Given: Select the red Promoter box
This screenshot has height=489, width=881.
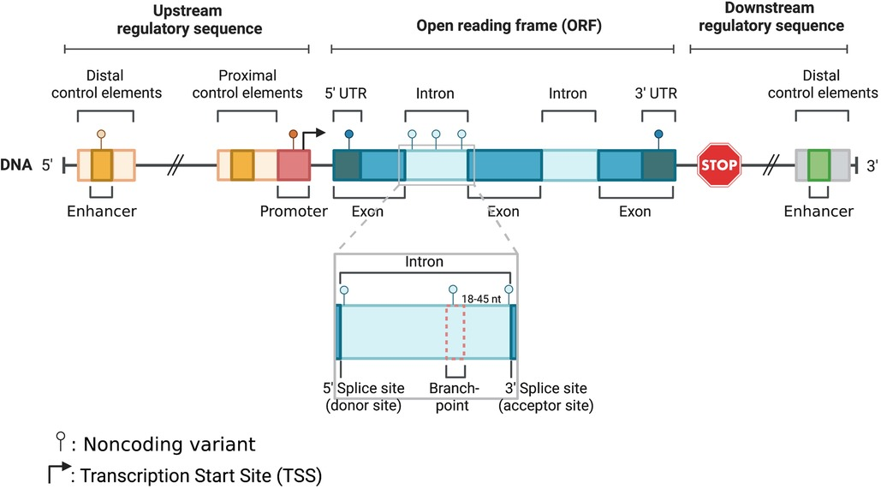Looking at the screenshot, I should [x=294, y=164].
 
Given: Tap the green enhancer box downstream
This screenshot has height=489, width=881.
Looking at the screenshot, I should [x=818, y=164].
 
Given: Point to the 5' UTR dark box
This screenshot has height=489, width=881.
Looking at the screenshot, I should [x=346, y=164].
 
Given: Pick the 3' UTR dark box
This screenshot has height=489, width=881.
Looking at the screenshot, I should [x=658, y=164].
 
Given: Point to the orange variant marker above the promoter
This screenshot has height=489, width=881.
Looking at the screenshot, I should [x=293, y=134].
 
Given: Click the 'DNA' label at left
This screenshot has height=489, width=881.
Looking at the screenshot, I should [x=17, y=164].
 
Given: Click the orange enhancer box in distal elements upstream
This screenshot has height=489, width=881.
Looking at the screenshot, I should [x=102, y=164].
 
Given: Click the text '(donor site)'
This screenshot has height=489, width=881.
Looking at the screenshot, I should [x=363, y=404].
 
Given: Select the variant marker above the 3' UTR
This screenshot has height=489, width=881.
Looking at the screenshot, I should [x=658, y=134].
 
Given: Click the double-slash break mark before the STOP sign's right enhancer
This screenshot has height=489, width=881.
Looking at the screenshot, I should [x=774, y=164].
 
